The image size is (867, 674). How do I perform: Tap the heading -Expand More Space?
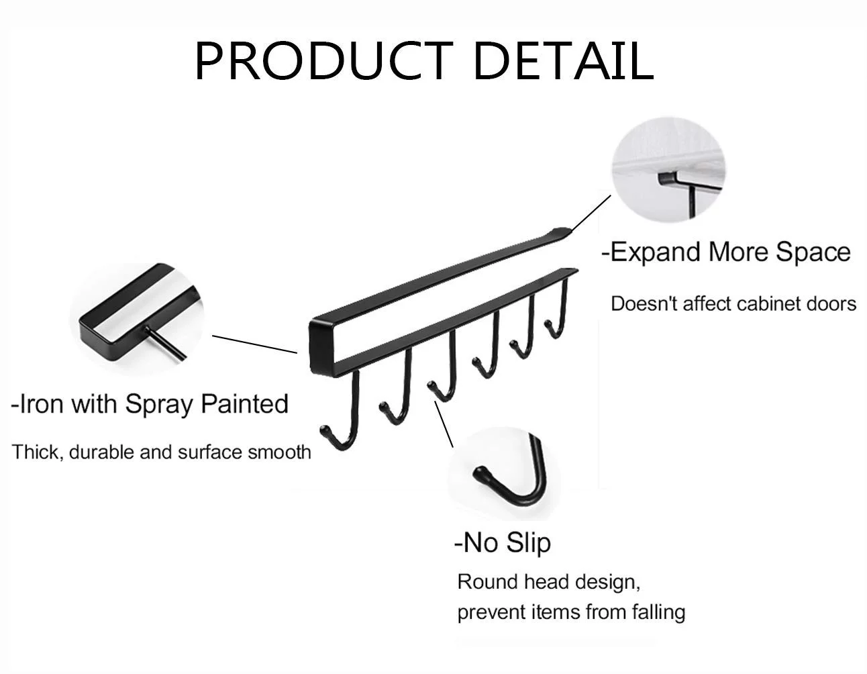click(x=726, y=252)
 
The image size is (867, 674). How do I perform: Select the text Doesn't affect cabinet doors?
click(x=733, y=304)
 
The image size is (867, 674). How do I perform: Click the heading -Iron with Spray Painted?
click(x=150, y=404)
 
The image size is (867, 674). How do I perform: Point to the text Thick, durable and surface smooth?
click(x=161, y=452)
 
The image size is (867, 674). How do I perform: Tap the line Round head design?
click(x=549, y=582)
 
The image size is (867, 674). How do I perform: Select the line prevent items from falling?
click(x=571, y=612)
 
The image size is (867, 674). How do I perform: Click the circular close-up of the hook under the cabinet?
click(x=668, y=169)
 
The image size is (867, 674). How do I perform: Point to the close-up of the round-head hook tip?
click(x=503, y=473)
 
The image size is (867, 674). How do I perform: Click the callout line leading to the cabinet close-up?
click(x=591, y=213)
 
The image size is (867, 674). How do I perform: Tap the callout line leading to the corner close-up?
click(x=254, y=344)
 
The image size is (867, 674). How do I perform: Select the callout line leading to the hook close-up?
click(x=444, y=424)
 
